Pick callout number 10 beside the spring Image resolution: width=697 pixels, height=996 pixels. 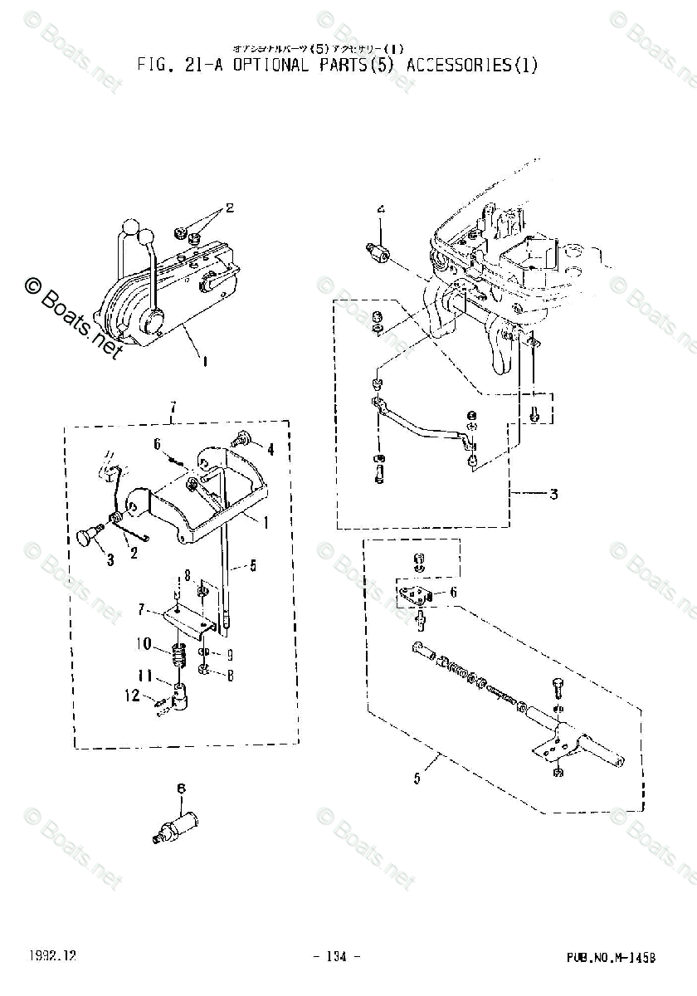(x=144, y=642)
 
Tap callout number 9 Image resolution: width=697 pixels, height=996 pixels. (x=230, y=652)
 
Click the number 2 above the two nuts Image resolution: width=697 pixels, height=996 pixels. (x=230, y=207)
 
